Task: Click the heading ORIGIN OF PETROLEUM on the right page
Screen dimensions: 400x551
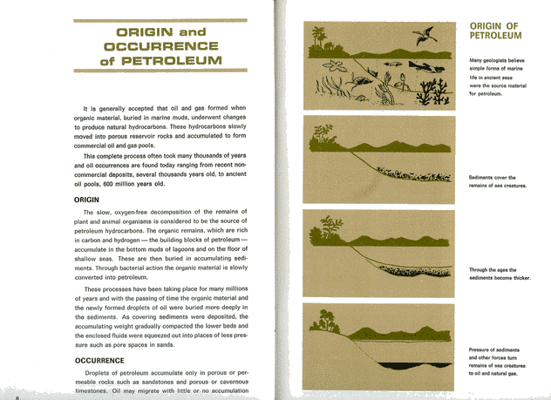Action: click(495, 31)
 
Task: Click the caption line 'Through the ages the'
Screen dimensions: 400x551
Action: click(493, 270)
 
